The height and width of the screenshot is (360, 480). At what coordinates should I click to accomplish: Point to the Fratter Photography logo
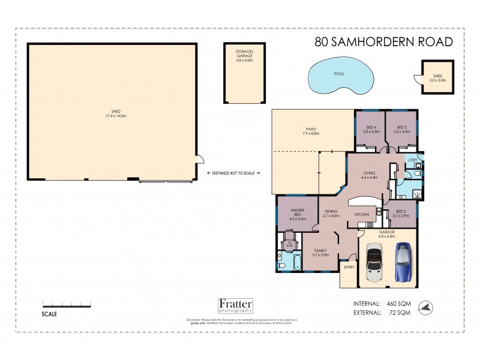pyautogui.click(x=235, y=306)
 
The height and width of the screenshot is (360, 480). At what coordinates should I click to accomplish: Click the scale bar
pyautogui.click(x=67, y=306)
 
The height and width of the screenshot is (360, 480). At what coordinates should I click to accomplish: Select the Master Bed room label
pyautogui.click(x=298, y=215)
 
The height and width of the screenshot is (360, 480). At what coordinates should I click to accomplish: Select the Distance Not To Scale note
pyautogui.click(x=233, y=173)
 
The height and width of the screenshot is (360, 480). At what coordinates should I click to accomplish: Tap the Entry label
pyautogui.click(x=349, y=267)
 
